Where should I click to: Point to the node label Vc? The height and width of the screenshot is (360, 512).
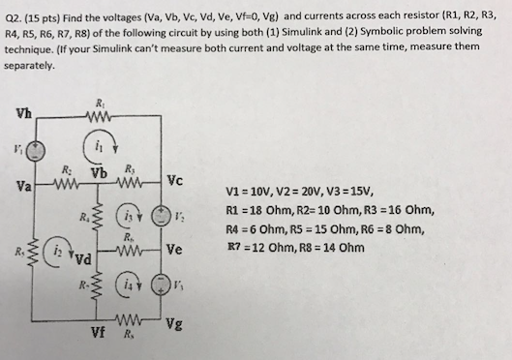pyautogui.click(x=174, y=179)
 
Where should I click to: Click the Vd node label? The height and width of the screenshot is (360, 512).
pyautogui.click(x=84, y=259)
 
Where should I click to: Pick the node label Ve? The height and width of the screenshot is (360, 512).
pyautogui.click(x=174, y=248)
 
